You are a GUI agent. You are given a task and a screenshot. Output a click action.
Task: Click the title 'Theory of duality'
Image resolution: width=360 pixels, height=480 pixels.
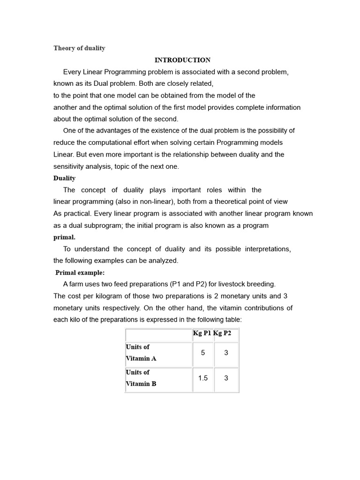(x=79, y=48)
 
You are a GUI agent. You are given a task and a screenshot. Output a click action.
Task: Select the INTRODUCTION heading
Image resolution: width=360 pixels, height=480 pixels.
(x=182, y=60)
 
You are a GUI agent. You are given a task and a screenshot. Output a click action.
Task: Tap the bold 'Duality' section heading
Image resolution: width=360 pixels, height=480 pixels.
(x=64, y=178)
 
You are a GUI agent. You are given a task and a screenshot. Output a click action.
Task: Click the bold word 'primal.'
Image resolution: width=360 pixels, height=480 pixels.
(x=64, y=237)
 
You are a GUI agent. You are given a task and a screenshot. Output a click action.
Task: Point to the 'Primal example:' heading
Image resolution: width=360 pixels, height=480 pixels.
(x=80, y=273)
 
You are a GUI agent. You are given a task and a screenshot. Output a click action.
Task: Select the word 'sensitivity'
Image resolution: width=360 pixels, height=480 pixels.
(x=70, y=166)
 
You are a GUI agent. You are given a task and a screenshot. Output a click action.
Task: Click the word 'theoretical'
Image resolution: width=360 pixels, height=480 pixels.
(x=218, y=202)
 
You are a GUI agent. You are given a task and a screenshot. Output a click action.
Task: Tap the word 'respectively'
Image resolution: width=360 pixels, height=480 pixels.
(x=118, y=308)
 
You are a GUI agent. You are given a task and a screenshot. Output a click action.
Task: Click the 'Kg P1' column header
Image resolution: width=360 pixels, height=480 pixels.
(x=202, y=333)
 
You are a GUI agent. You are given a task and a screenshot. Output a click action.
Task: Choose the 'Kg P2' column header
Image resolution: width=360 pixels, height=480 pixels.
(x=223, y=333)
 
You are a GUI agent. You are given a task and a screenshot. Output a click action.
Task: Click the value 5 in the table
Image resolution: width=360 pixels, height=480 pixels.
(x=203, y=352)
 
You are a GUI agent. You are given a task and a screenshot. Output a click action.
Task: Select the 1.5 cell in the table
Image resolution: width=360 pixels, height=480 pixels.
(x=203, y=378)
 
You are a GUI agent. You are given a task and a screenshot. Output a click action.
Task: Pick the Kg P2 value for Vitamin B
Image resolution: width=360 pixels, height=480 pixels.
(x=226, y=378)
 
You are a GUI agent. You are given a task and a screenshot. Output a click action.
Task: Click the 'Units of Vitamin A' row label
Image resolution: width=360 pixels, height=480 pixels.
(x=141, y=352)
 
